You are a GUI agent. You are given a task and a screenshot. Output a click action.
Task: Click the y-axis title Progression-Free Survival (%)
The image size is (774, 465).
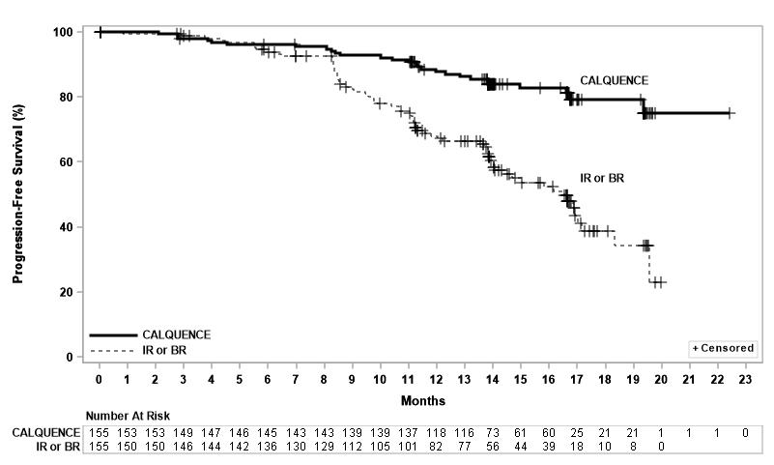(18, 193)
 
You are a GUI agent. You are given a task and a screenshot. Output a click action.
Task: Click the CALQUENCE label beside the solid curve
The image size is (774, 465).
(614, 80)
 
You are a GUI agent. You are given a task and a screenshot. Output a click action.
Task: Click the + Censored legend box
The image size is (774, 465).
(722, 347)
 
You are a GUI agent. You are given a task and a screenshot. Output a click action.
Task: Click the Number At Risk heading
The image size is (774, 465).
(128, 415)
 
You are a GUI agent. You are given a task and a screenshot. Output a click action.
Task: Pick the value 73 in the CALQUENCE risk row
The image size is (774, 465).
(493, 433)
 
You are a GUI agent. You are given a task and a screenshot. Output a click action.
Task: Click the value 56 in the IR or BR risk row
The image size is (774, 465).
(493, 447)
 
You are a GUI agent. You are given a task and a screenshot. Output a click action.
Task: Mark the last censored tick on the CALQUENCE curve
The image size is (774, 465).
(731, 113)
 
